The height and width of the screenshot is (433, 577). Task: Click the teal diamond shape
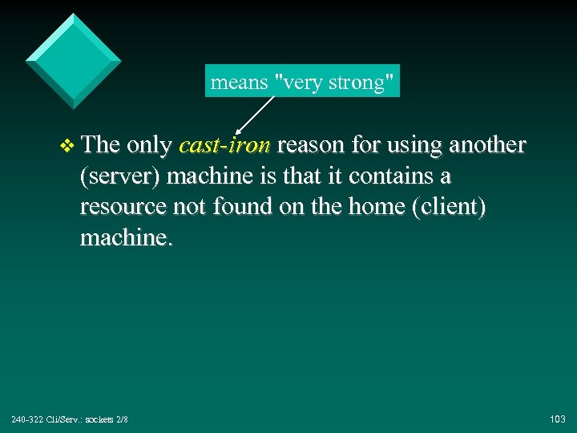coord(74,60)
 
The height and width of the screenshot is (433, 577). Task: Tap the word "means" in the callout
coord(239,82)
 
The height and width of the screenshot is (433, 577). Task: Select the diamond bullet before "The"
coord(67,146)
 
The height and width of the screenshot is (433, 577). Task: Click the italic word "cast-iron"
coord(225,145)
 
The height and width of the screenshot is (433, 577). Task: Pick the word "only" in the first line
coord(149,145)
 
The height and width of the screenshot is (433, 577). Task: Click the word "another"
coord(487,145)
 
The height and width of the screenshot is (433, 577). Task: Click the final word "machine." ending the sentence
coord(126,238)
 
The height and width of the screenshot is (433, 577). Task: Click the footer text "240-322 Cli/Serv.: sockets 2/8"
coord(70,419)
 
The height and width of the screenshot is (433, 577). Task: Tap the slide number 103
coord(558,419)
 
